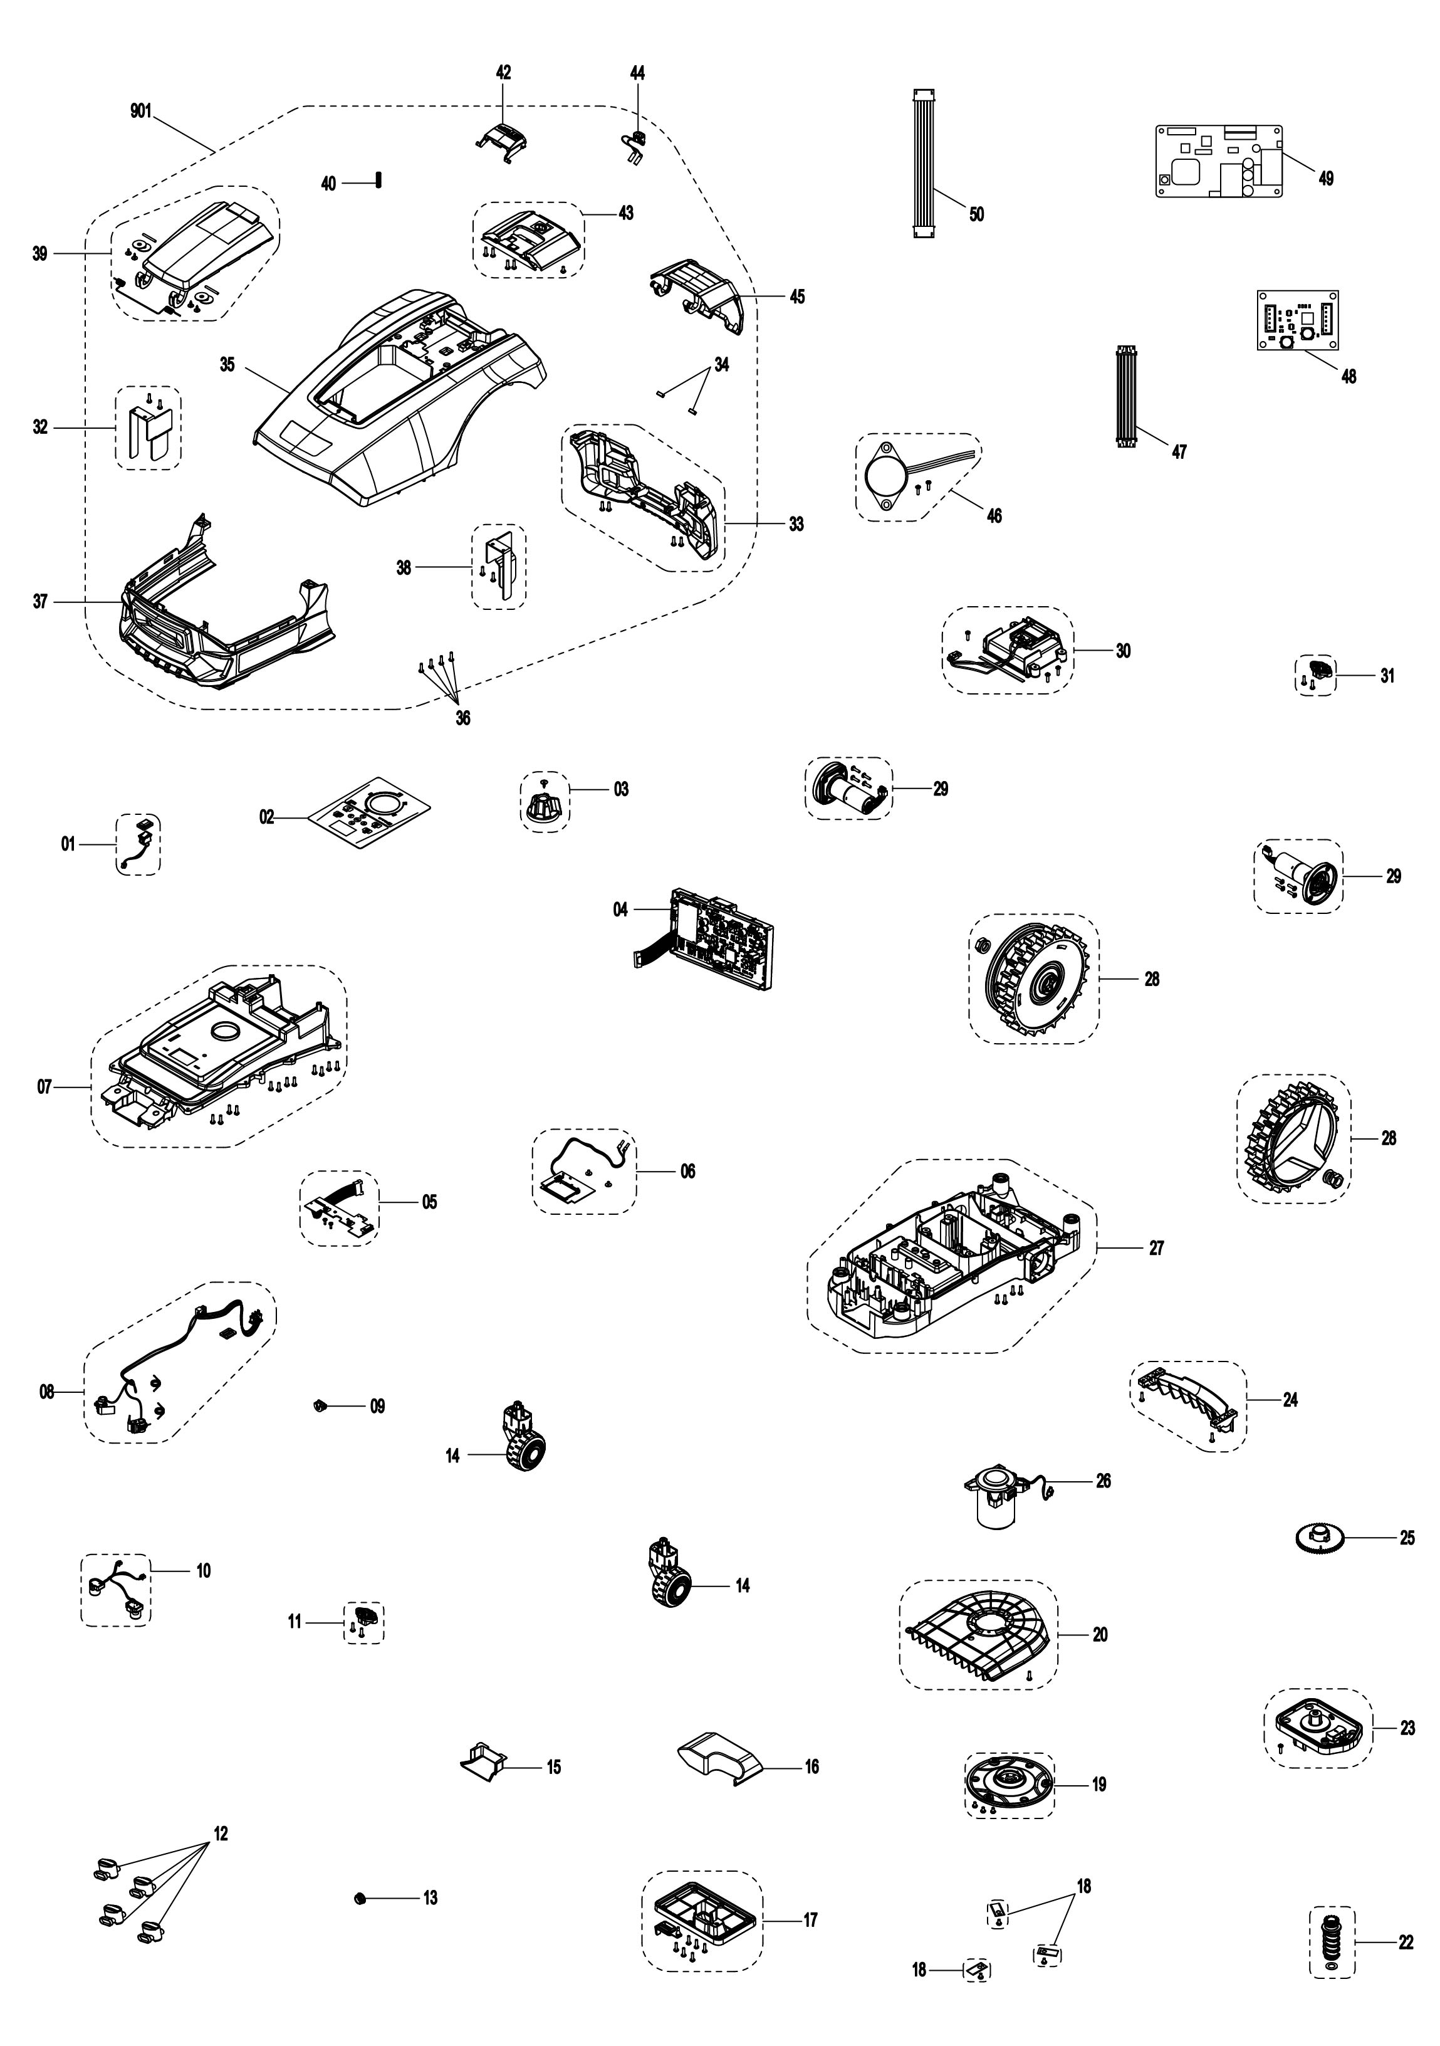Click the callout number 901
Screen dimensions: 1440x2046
141,112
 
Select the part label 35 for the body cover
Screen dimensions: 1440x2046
228,364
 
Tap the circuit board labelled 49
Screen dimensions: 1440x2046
1219,161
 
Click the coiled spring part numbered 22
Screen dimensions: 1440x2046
1332,1944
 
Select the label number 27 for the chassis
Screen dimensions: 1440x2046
1157,1249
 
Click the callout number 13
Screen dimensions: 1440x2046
430,1898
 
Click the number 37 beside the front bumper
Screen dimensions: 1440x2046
40,602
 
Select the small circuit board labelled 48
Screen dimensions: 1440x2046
1297,321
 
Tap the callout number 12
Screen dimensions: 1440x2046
220,1834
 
